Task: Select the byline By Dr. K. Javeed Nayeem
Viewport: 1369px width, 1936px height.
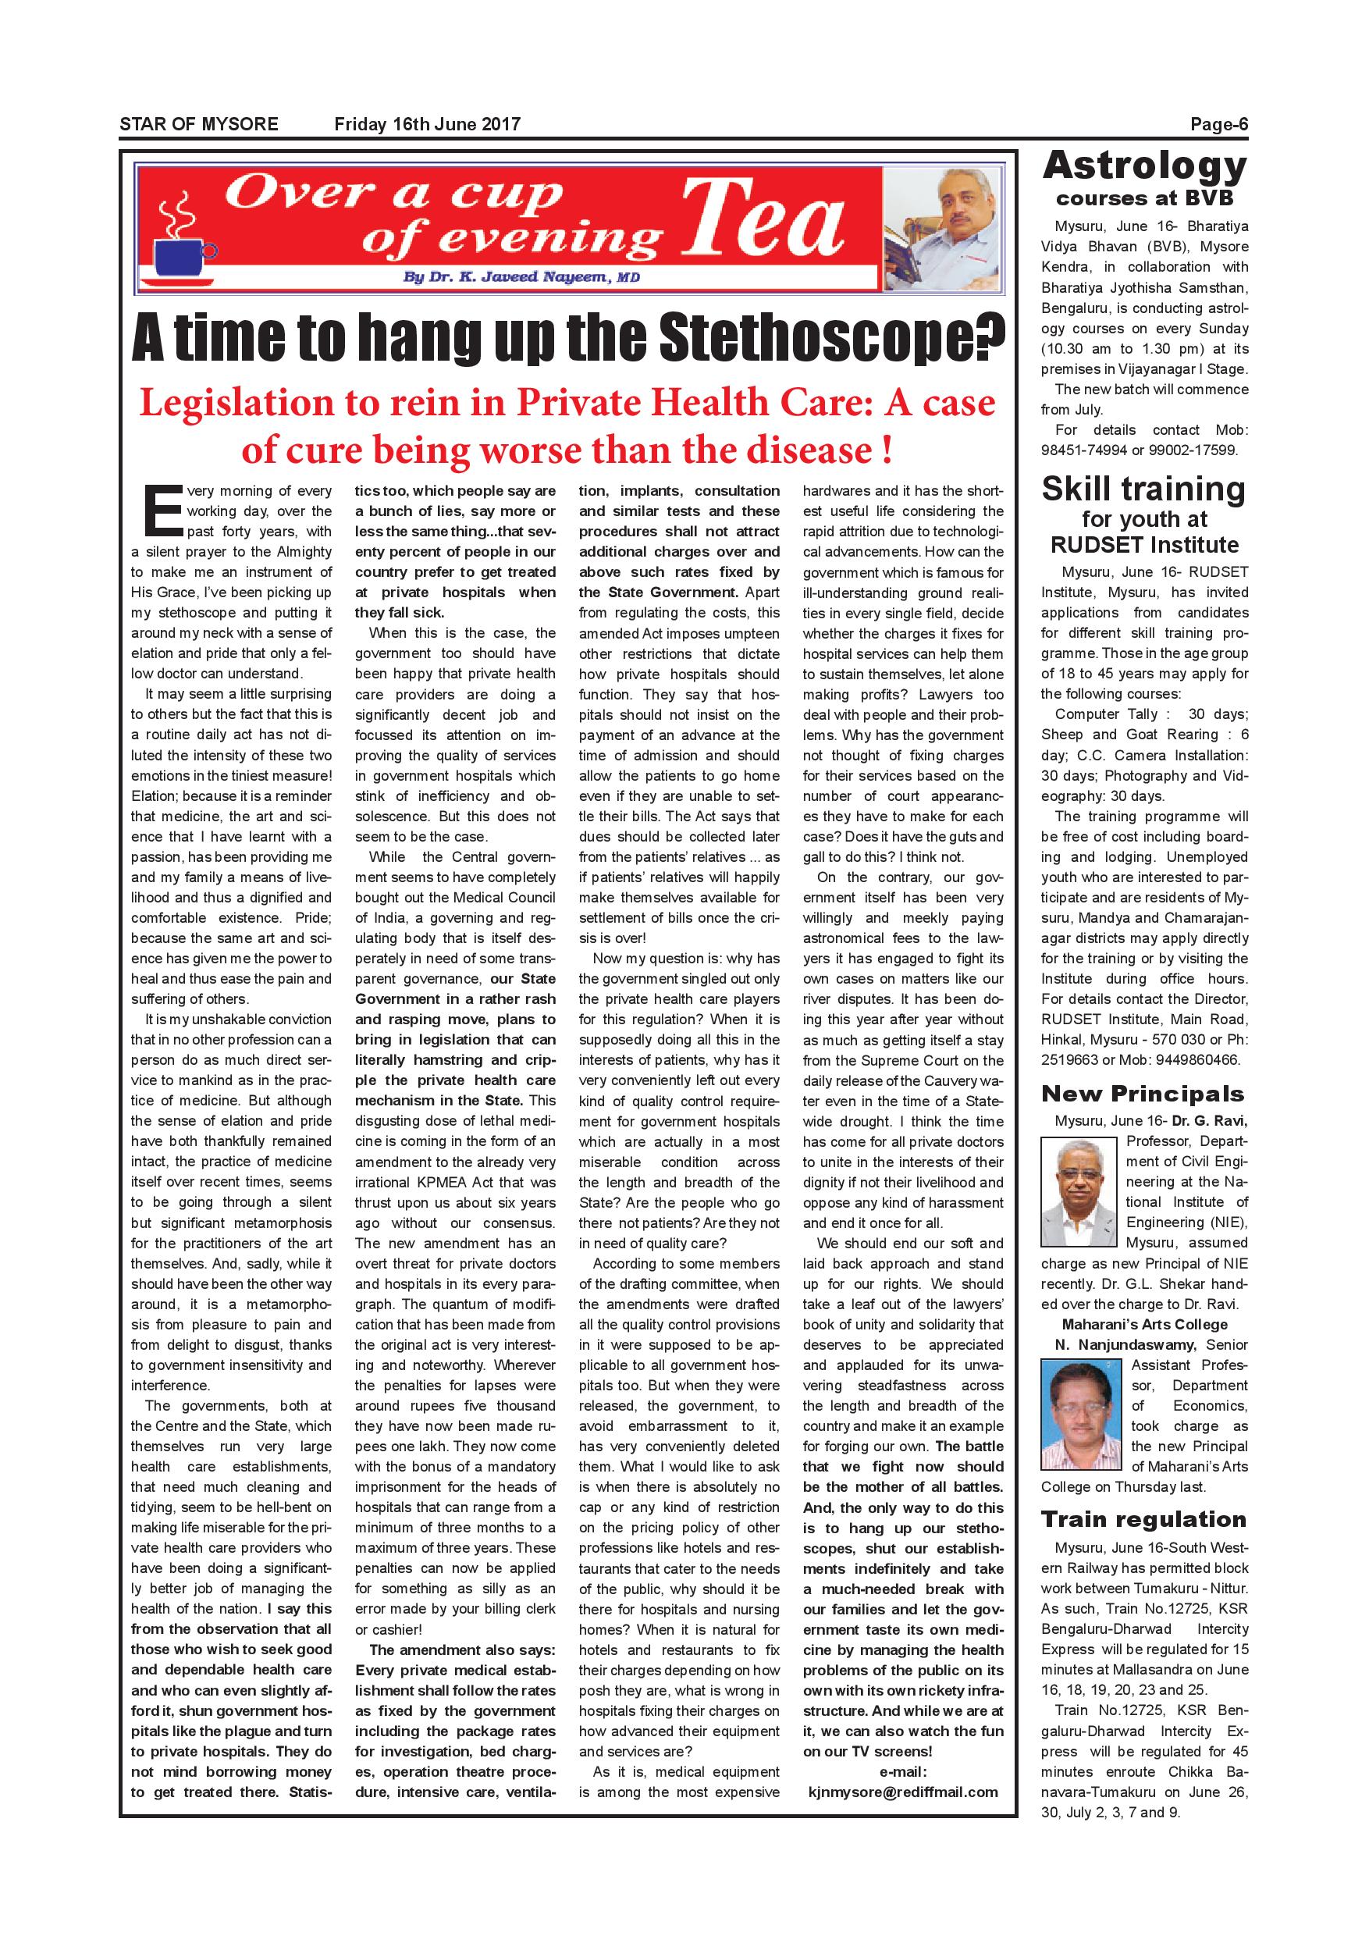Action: click(x=521, y=277)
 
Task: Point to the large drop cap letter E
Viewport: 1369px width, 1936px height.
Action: click(x=162, y=510)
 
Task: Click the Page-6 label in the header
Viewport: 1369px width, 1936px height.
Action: click(x=1218, y=125)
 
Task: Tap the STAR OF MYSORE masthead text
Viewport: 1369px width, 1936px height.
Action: click(x=199, y=125)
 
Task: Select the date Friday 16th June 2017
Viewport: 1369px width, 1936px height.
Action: click(x=428, y=125)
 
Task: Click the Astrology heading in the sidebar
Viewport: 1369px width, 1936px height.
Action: click(x=1144, y=166)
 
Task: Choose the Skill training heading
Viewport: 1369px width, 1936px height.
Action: click(x=1143, y=489)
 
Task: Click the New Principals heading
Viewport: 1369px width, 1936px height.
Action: click(x=1142, y=1094)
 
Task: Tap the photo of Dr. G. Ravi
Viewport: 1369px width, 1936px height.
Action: click(x=1079, y=1192)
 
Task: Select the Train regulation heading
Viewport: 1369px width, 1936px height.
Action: click(x=1143, y=1518)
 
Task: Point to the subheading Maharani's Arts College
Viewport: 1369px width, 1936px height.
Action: click(x=1144, y=1324)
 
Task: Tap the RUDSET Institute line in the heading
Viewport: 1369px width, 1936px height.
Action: click(x=1144, y=545)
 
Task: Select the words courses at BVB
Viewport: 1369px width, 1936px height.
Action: click(x=1144, y=198)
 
